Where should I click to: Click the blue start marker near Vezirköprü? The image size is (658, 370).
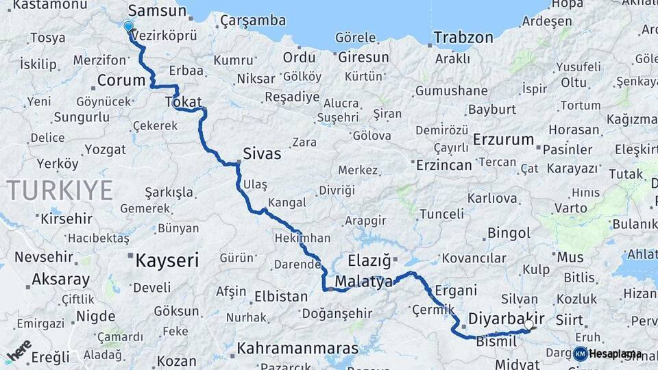[x=128, y=27]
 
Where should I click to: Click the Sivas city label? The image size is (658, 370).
[x=262, y=153]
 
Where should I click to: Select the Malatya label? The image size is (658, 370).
[x=364, y=282]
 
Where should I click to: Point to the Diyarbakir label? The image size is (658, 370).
[x=507, y=319]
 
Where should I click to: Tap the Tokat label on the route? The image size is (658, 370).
[x=182, y=102]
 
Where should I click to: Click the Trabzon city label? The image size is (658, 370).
[x=463, y=37]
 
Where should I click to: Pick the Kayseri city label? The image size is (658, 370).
[x=167, y=260]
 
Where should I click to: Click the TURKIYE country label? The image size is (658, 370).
[x=60, y=190]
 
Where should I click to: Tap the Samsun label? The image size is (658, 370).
[x=157, y=10]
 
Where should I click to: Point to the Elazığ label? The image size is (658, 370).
[x=369, y=260]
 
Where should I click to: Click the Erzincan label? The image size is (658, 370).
[x=445, y=165]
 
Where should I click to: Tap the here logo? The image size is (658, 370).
[x=19, y=349]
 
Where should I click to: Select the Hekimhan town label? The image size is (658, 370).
[x=302, y=238]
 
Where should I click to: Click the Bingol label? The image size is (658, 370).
[x=509, y=234]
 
